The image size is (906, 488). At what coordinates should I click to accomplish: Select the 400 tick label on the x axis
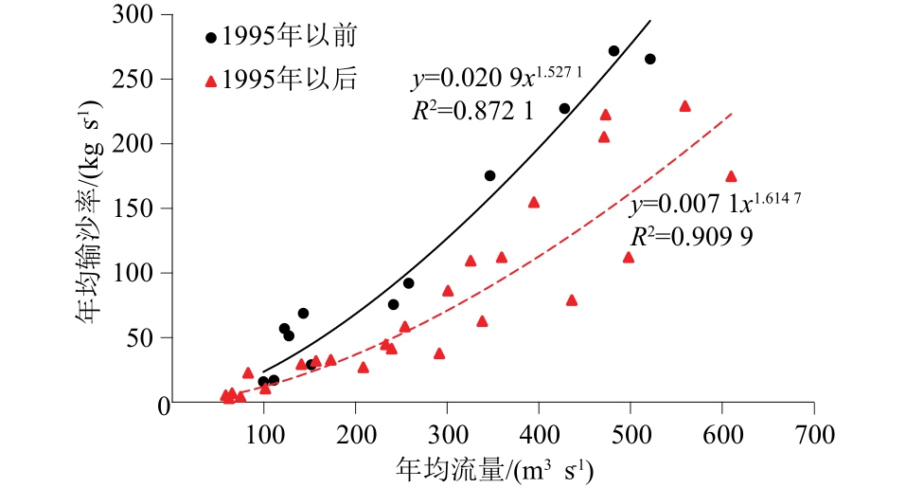tap(539, 435)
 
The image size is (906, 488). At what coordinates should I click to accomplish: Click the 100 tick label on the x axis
tap(263, 435)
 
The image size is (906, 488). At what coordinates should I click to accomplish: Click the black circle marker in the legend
tap(211, 38)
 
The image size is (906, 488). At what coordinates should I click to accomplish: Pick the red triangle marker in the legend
tap(211, 81)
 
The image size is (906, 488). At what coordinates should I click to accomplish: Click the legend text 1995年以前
tap(289, 38)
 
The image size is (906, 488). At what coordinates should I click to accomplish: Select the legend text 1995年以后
tap(289, 80)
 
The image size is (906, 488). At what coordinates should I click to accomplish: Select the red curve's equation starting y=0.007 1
tap(710, 204)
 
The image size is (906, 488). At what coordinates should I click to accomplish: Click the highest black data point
tap(613, 51)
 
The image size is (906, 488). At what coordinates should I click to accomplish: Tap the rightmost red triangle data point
tap(731, 176)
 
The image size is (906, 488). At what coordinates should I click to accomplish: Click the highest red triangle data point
tap(685, 106)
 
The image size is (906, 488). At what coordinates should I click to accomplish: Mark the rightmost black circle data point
tap(649, 59)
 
